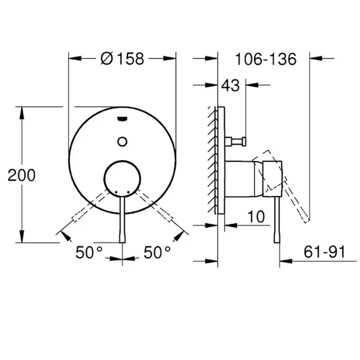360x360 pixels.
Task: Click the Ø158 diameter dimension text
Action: tap(122, 59)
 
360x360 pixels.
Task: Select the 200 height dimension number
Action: tap(22, 175)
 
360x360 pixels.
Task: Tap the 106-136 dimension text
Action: tap(266, 59)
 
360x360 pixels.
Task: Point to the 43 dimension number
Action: tap(230, 86)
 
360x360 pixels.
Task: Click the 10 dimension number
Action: tap(256, 217)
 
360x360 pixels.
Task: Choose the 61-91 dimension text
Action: tap(325, 252)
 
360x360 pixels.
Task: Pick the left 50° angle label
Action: tap(89, 252)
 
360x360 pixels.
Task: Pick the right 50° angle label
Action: tap(157, 252)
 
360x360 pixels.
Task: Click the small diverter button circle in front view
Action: tap(122, 142)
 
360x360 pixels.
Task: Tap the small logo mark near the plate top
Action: tap(122, 119)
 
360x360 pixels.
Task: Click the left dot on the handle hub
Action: tap(116, 191)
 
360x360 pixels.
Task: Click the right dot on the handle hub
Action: tap(129, 191)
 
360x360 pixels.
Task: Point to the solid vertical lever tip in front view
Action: tap(122, 242)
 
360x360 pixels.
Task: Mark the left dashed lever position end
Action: tap(74, 219)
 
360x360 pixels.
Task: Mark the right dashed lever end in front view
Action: tap(170, 219)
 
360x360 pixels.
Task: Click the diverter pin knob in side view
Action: tap(245, 141)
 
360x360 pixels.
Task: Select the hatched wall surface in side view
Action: tap(213, 160)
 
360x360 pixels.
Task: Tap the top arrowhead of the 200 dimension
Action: tap(22, 113)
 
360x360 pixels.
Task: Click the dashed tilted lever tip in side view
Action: tap(307, 221)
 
